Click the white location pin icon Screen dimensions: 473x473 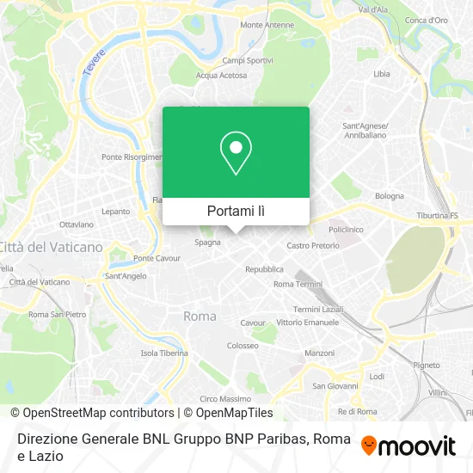click(236, 153)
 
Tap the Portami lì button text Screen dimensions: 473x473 click(236, 211)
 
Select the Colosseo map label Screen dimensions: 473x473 click(243, 345)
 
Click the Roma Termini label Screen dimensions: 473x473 click(297, 284)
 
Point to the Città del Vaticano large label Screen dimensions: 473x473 click(52, 247)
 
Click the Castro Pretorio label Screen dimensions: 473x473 click(312, 245)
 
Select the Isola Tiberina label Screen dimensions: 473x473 click(164, 353)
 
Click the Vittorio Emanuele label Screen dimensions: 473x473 click(303, 322)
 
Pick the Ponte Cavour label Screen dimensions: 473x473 click(155, 258)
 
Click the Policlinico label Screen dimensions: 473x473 click(347, 230)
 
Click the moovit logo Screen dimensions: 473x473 click(408, 445)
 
